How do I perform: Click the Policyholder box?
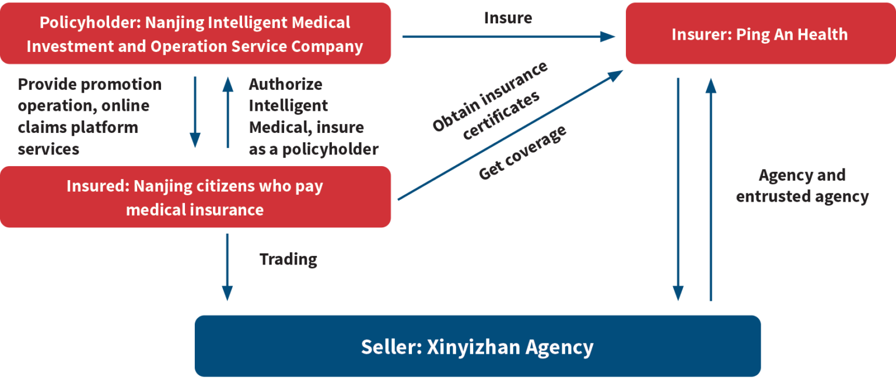195,33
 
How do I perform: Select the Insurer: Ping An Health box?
759,34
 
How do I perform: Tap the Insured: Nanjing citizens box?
195,197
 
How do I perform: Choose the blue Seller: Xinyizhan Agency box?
477,347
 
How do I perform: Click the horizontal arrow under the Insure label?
508,37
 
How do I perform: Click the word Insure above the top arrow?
508,18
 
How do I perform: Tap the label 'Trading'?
288,259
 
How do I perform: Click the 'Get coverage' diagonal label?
523,153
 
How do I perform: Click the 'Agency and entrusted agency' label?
802,186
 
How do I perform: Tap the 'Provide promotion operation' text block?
90,117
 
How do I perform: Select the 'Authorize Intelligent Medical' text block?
313,117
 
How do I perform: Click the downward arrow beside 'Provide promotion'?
195,111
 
